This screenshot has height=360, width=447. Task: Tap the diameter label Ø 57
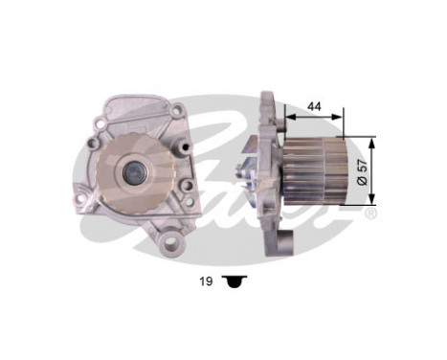tap(363, 169)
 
